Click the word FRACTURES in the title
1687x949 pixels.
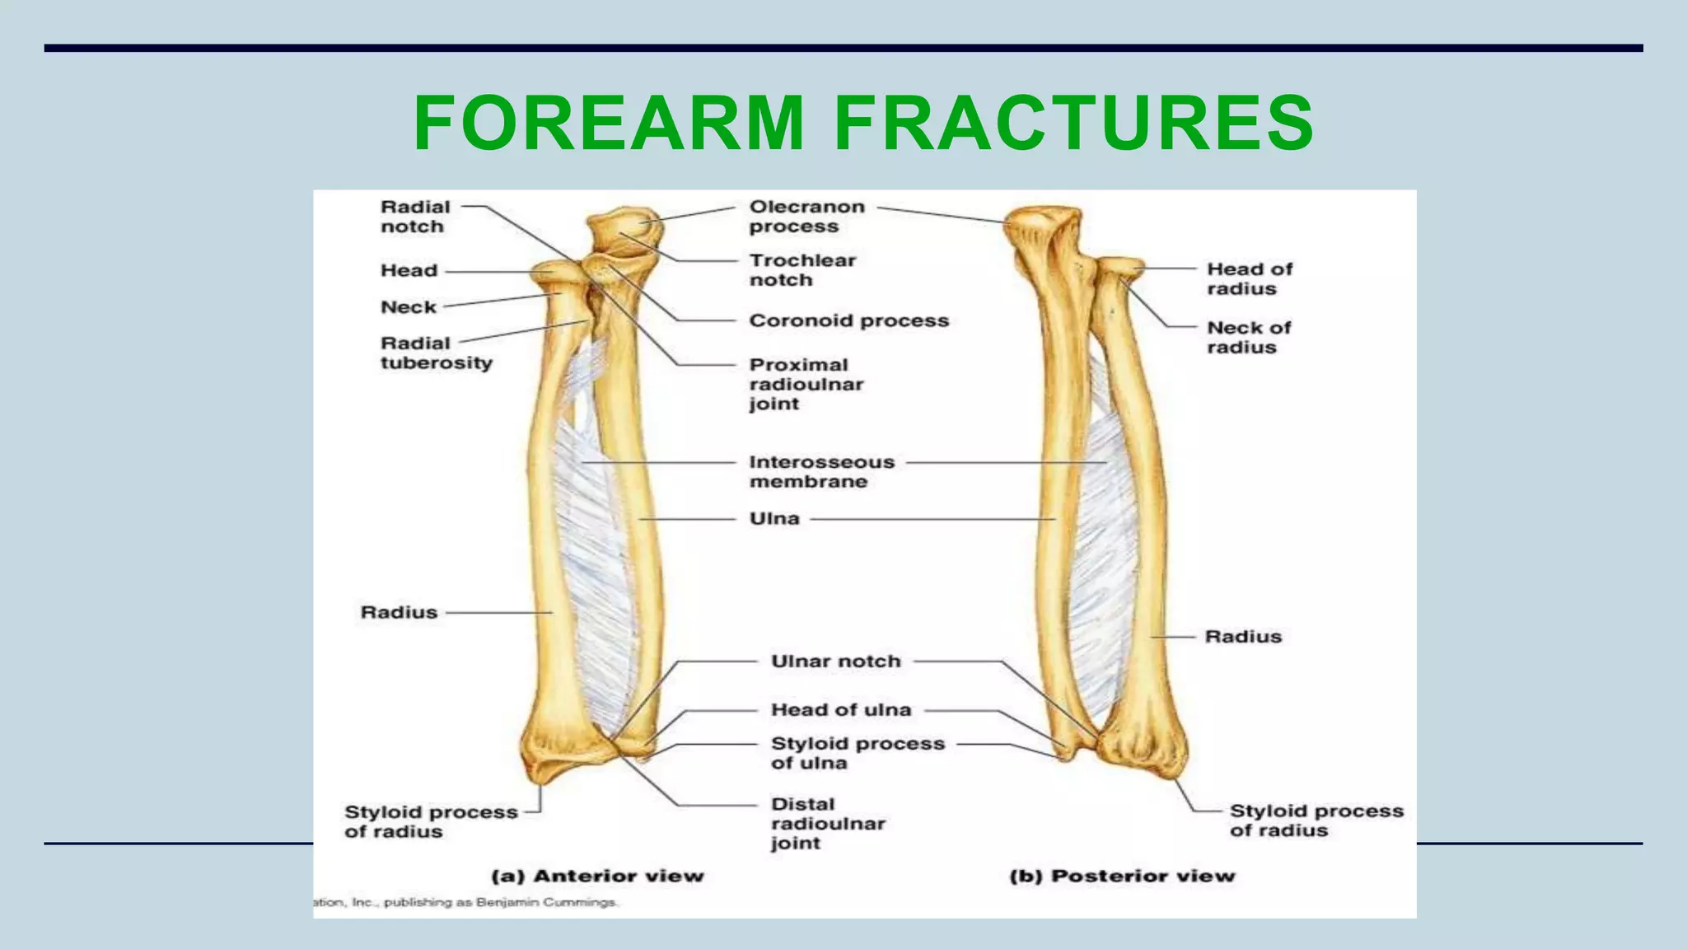coord(1074,124)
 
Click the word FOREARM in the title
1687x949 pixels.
coord(608,124)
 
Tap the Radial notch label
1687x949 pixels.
coord(415,217)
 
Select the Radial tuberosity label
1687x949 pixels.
coord(436,353)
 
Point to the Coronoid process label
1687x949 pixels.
coord(848,320)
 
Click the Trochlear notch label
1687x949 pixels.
coord(802,270)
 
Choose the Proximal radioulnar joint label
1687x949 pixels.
coord(806,384)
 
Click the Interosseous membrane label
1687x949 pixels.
coord(821,471)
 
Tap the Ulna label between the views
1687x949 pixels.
coord(774,519)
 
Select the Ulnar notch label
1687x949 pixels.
coord(835,661)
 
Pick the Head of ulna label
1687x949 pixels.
coord(841,710)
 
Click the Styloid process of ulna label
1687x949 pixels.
coord(857,753)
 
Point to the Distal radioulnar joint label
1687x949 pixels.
coord(827,823)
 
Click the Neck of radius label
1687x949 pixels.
coord(1249,337)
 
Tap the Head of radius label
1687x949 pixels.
coord(1249,278)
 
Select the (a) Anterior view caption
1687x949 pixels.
coord(598,876)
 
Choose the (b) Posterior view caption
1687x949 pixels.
coord(1122,876)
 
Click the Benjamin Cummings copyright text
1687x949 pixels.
coord(466,903)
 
